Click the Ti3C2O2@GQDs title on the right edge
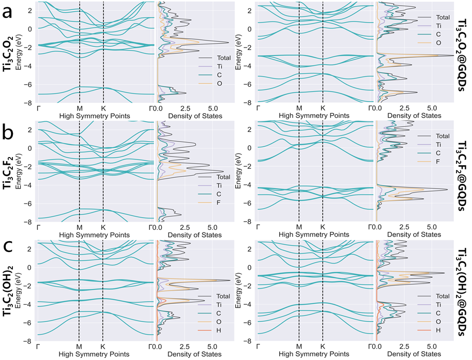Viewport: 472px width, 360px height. [x=461, y=54]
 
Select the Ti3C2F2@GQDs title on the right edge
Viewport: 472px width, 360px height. [x=461, y=174]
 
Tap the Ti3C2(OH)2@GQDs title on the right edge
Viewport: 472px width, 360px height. [x=461, y=291]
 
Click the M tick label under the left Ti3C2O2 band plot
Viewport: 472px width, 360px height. [x=80, y=108]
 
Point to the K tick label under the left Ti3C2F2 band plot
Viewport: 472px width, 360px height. [x=103, y=227]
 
